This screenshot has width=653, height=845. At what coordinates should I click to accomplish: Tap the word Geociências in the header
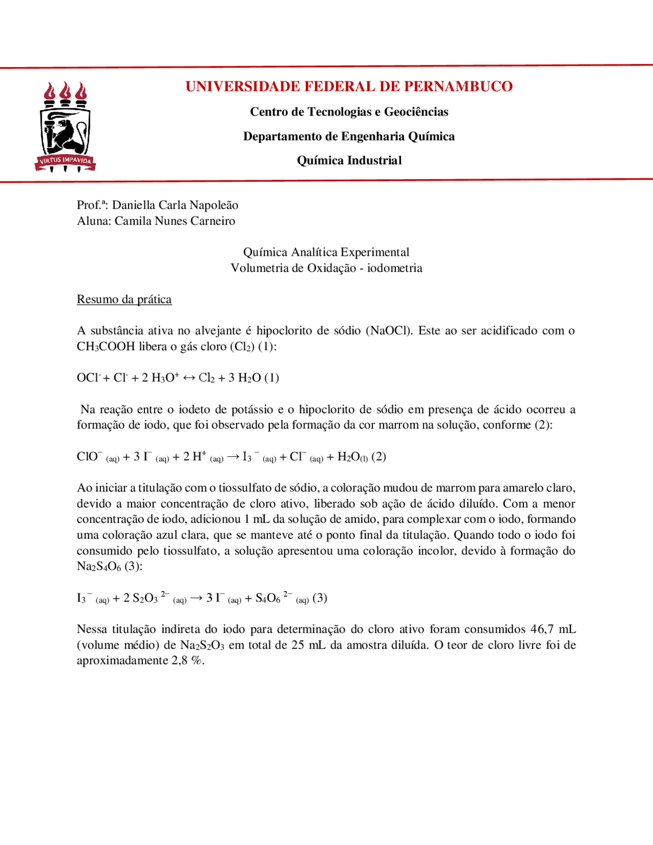pyautogui.click(x=416, y=112)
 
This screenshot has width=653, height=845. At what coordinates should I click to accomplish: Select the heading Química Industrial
pyautogui.click(x=349, y=160)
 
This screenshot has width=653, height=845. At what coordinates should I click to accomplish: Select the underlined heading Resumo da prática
pyautogui.click(x=124, y=299)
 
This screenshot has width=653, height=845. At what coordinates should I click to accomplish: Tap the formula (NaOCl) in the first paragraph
pyautogui.click(x=389, y=331)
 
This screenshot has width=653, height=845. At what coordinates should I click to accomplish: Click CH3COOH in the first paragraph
pyautogui.click(x=106, y=346)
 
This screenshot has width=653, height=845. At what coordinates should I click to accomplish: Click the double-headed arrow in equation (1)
pyautogui.click(x=189, y=378)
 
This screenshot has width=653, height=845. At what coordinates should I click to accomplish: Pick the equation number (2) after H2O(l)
pyautogui.click(x=379, y=457)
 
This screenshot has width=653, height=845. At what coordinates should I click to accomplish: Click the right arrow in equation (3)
pyautogui.click(x=196, y=598)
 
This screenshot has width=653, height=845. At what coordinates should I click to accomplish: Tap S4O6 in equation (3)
pyautogui.click(x=268, y=598)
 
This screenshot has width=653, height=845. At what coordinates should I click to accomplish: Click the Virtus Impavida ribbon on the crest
pyautogui.click(x=65, y=161)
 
